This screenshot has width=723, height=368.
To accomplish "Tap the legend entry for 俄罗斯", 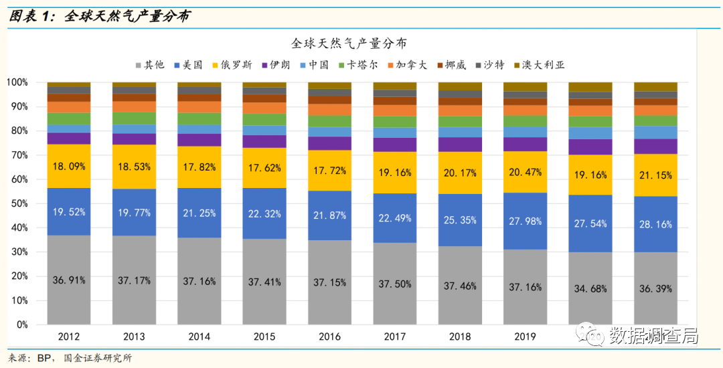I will click(233, 65).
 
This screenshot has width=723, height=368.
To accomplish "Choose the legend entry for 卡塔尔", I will click(362, 65).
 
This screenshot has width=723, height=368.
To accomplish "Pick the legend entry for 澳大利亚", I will click(543, 65).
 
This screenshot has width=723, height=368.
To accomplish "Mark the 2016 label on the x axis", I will click(329, 337).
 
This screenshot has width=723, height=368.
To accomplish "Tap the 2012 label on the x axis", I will click(69, 337).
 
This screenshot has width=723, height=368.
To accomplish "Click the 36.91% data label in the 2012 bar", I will click(69, 280).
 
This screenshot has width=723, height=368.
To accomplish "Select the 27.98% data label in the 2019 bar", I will click(525, 221).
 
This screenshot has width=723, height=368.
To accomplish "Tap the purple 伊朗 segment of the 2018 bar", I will click(460, 144).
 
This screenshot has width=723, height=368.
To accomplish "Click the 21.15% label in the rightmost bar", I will click(655, 175).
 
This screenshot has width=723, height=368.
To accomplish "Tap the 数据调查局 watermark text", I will click(653, 338).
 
